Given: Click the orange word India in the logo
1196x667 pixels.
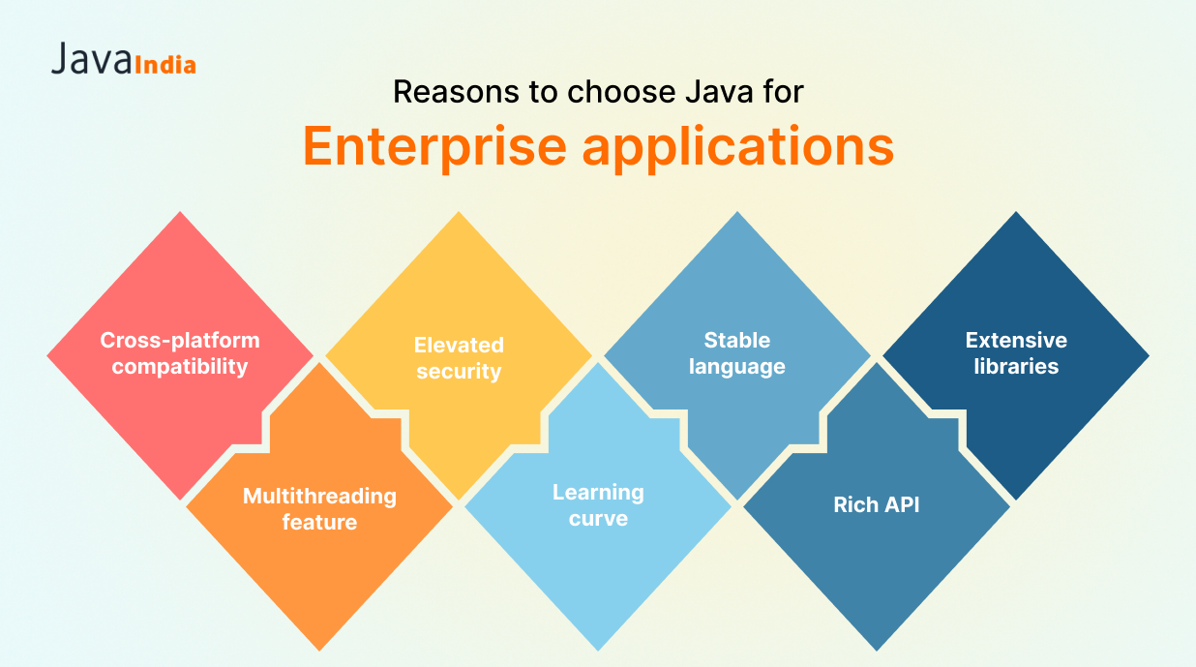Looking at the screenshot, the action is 165,65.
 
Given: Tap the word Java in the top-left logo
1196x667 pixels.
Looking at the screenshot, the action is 91,58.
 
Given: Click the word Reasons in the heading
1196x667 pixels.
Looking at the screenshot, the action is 456,91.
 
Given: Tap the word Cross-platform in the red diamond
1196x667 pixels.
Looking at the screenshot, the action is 180,341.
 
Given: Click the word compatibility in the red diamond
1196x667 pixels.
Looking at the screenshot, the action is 180,367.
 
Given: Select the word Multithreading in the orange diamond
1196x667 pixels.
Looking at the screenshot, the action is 319,497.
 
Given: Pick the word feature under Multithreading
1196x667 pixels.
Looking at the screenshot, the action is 319,523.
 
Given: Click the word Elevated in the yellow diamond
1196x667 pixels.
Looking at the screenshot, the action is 459,345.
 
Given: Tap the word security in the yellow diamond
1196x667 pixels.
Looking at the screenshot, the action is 459,372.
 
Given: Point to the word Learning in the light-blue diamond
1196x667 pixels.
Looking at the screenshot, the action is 598,493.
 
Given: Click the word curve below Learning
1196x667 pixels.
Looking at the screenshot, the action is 598,519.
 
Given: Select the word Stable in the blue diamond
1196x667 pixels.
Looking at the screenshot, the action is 736,340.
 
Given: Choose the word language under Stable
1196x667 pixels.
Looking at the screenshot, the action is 736,367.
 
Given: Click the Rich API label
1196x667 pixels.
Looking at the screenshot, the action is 876,504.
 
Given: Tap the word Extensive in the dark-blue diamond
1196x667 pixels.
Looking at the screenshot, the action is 1016,340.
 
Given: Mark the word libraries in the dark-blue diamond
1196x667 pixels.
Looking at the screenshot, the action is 1016,366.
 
